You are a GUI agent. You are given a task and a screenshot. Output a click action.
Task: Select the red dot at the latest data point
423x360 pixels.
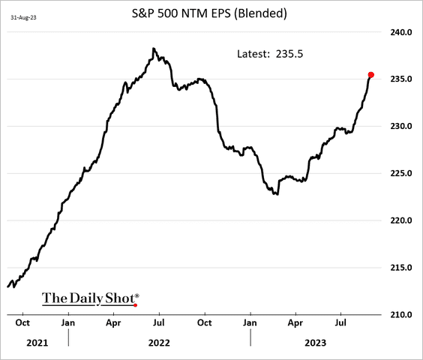pos(370,75)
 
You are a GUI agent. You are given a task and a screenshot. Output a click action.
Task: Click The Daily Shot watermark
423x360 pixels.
pos(89,298)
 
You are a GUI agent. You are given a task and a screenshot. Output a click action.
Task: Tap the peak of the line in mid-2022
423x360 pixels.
pos(153,49)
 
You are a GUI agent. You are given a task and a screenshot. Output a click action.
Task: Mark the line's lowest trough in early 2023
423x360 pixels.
pos(277,194)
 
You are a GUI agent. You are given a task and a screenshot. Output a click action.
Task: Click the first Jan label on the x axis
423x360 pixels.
pos(68,323)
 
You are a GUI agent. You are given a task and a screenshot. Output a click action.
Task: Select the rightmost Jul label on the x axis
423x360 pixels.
pos(340,323)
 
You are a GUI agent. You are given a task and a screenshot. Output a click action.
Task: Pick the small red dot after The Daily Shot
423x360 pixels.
pos(135,304)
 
